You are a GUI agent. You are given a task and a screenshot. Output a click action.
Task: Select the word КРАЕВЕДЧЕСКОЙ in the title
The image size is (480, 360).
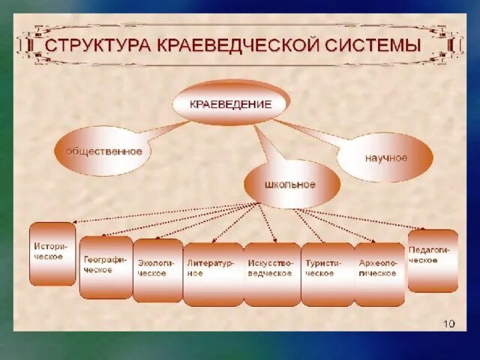pos(238,44)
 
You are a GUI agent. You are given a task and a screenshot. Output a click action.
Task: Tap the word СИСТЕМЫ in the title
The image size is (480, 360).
pos(373,44)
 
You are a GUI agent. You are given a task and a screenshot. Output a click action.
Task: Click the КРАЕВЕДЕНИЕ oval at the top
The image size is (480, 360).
pos(232,105)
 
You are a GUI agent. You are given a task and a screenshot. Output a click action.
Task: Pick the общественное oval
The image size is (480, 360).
pos(104,151)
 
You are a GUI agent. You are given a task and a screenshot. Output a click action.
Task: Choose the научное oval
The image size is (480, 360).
pos(386,157)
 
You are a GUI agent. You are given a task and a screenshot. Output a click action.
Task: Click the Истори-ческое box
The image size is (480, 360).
pos(52,253)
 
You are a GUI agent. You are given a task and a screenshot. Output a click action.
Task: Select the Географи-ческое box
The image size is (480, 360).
pos(106,266)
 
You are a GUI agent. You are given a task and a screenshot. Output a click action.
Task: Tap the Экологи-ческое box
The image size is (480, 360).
pos(157,269)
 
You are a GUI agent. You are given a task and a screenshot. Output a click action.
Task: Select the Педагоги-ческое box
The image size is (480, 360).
pos(433,259)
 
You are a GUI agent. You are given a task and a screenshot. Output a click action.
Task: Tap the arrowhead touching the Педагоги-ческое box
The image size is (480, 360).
pos(422,228)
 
